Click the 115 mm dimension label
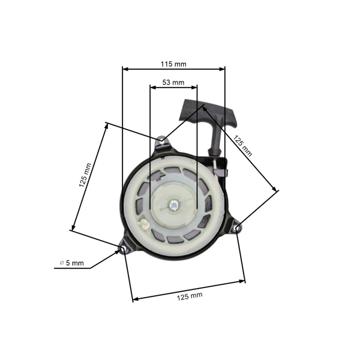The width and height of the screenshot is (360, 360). click(x=173, y=63)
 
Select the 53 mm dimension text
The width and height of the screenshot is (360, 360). click(x=173, y=82)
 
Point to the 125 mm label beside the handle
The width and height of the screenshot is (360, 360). click(x=244, y=145)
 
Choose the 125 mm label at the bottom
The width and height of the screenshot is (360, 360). click(x=190, y=296)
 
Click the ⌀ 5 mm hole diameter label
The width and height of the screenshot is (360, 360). click(x=72, y=263)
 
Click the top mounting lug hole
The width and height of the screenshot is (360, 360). click(x=161, y=142)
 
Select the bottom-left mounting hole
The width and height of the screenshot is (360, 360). click(x=124, y=248)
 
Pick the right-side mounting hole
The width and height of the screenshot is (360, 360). click(x=237, y=227)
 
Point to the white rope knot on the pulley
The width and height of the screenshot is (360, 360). click(x=144, y=224)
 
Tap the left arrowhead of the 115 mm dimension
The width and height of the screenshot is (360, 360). click(x=125, y=68)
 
